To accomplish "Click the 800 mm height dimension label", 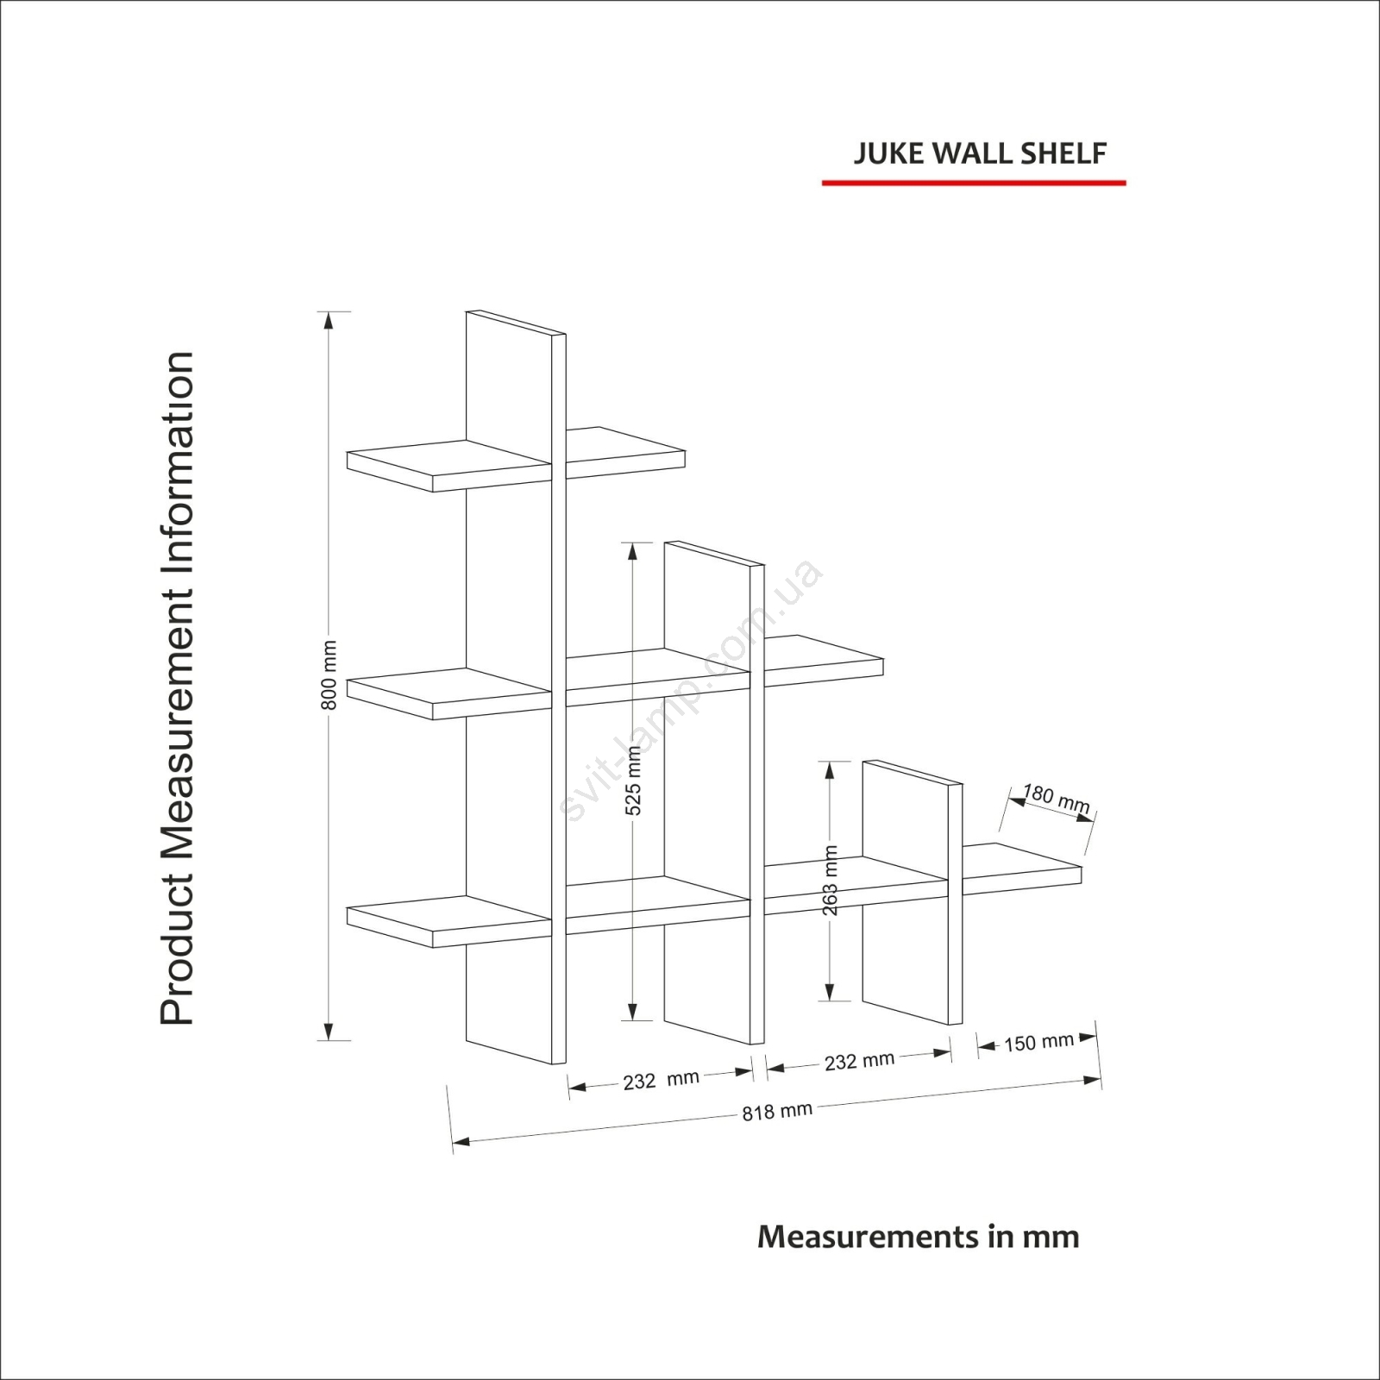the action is point(329,675).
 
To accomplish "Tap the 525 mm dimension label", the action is point(633,781).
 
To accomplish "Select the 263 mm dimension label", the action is point(830,880).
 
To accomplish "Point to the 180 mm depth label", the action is point(1057,799).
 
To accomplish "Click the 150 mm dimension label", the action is point(1038,1043).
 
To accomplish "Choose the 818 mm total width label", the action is point(777,1112).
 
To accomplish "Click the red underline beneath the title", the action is point(974,183).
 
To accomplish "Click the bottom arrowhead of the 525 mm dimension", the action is point(633,1012).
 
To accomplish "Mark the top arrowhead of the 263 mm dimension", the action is point(829,770).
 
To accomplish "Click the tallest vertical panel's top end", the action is point(516,322).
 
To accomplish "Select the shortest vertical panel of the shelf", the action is point(913,893).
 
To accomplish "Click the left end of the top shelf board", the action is point(348,460).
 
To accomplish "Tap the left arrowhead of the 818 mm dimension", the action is point(461,1142).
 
